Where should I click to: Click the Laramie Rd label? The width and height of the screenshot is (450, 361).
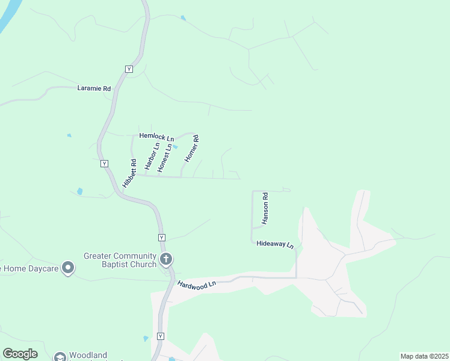pos(94,88)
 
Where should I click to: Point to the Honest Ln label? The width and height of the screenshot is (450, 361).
pos(165,158)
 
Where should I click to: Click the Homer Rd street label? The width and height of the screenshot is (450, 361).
pos(191,149)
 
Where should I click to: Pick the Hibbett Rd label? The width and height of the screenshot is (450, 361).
pos(130,173)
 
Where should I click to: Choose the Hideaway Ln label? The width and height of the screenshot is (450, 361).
pos(275,244)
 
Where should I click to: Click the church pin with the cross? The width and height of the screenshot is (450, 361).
pos(167,260)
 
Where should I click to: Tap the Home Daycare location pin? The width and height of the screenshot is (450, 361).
pos(68,267)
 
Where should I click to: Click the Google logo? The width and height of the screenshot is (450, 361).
pos(20,354)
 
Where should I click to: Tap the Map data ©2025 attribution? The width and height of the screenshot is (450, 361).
pos(424,356)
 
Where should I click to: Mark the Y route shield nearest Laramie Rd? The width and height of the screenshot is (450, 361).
pos(129,69)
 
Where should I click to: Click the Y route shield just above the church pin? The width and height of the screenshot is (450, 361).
pos(161,238)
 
